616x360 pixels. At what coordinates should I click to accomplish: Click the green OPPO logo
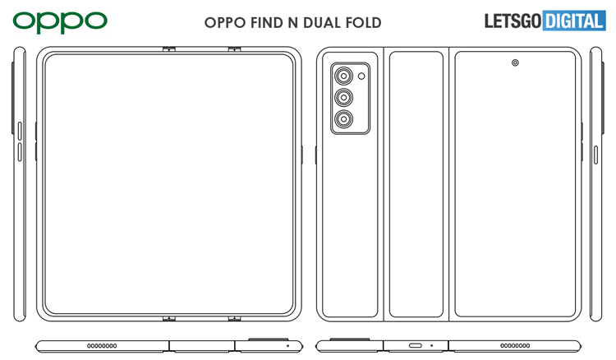point(60,21)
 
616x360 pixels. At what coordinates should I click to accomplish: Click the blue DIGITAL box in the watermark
point(574,21)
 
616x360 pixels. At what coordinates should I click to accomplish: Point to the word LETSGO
point(513,21)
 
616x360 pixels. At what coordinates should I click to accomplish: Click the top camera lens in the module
point(344,76)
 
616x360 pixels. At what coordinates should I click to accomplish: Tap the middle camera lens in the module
point(344,97)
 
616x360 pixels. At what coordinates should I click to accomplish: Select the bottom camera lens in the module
point(344,118)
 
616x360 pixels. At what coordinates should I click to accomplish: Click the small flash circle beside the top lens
point(361,76)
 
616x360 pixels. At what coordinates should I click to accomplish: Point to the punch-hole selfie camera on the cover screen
point(515,63)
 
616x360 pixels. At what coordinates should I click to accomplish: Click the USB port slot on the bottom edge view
point(416,346)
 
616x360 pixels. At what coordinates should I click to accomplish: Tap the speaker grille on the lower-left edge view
point(102,346)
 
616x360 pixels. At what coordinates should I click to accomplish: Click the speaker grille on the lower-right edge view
point(515,346)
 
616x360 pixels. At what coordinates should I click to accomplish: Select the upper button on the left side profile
point(20,131)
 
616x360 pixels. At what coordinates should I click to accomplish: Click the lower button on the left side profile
point(20,152)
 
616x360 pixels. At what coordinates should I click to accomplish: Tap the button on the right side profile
point(595,155)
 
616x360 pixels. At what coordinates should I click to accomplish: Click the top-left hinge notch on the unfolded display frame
point(169,49)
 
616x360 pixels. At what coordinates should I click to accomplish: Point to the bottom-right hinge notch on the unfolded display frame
point(235,318)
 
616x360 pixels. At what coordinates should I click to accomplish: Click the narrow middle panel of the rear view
point(416,184)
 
